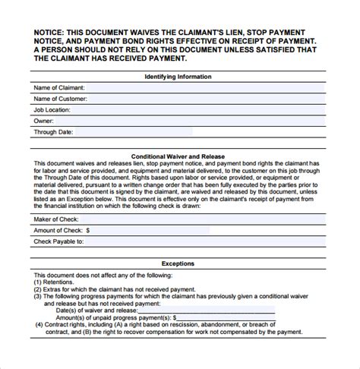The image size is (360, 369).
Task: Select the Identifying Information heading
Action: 178,77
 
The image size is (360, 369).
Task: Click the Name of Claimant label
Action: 58,88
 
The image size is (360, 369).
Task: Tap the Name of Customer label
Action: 59,99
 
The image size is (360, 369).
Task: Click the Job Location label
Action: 54,109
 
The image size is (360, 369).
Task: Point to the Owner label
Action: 44,120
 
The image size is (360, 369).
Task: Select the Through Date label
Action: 54,131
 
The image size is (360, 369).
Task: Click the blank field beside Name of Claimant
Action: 205,88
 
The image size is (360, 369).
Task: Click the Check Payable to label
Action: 58,241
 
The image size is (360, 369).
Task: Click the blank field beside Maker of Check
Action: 205,218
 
